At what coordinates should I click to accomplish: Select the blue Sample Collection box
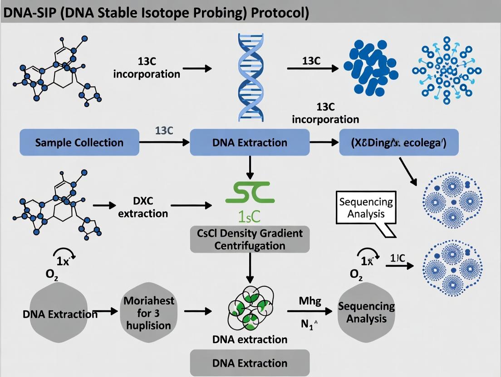79,142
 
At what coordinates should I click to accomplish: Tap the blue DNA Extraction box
249,142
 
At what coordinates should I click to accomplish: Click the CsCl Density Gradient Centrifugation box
250,240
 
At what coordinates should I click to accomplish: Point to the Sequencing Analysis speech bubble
366,207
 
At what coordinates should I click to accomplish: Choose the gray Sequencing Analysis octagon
366,312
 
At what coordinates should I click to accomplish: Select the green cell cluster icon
249,311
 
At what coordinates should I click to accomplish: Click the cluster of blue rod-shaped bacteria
370,69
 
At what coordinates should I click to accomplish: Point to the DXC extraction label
143,206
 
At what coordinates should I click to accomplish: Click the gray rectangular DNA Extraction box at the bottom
250,362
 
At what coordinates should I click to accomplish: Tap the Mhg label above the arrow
310,300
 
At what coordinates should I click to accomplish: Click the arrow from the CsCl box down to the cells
250,267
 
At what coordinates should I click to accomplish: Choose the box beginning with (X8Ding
398,142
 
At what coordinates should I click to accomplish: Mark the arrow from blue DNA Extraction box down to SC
250,168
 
